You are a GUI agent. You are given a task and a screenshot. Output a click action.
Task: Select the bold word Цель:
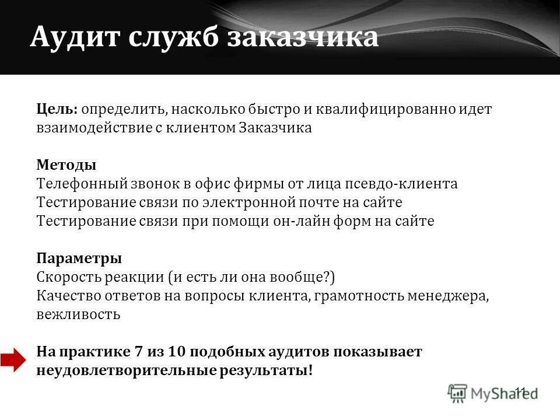57,110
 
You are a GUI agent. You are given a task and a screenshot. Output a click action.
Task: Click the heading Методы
66,164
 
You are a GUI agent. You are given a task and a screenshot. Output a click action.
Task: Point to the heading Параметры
79,258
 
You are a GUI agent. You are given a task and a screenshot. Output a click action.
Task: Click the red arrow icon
13,360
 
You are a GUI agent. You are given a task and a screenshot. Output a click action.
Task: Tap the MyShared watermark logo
493,392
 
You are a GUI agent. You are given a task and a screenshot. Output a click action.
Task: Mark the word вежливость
78,314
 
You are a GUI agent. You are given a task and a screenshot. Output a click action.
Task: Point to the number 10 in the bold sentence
176,352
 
